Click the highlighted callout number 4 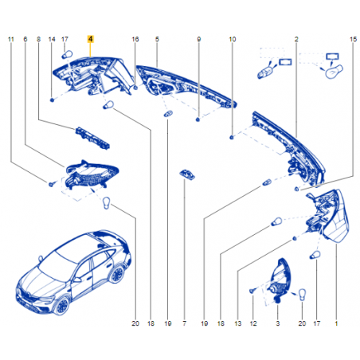(91, 39)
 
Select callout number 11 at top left (11, 39)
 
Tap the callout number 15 (353, 39)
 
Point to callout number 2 (296, 39)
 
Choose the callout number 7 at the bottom (184, 323)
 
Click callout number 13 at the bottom (238, 323)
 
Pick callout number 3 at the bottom (278, 323)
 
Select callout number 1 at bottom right (336, 323)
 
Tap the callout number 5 (157, 39)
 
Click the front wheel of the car (62, 306)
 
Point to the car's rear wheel (117, 274)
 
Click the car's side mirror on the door (77, 280)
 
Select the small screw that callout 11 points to (52, 184)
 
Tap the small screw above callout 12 (252, 291)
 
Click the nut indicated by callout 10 (232, 137)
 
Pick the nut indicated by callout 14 (52, 100)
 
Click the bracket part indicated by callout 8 (92, 138)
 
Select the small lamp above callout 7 (187, 174)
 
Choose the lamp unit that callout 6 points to (92, 175)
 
